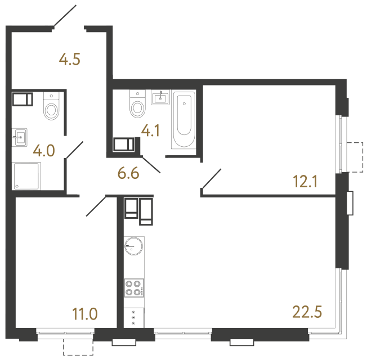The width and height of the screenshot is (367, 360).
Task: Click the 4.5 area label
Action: pyautogui.click(x=70, y=59)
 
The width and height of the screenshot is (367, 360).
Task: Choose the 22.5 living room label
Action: pyautogui.click(x=307, y=311)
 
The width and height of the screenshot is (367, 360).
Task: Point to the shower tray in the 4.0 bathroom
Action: pyautogui.click(x=26, y=176)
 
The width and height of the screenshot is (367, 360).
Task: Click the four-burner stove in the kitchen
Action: pyautogui.click(x=133, y=288)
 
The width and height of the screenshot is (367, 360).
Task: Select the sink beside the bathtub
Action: pyautogui.click(x=161, y=98)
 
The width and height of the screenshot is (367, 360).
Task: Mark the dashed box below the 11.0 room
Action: pyautogui.click(x=77, y=346)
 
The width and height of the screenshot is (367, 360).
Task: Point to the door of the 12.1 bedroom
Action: pyautogui.click(x=211, y=178)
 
